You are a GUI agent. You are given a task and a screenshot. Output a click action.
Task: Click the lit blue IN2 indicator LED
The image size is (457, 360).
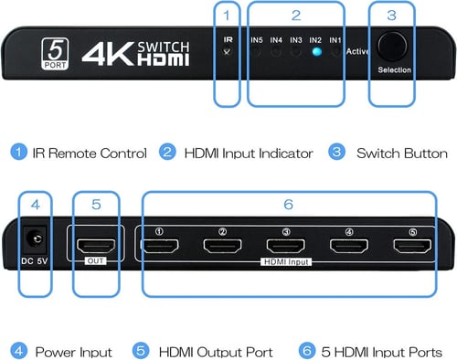coord(315,52)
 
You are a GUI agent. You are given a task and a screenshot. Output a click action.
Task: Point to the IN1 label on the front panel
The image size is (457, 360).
coord(335,40)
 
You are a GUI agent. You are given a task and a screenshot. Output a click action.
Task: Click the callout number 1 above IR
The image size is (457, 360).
coord(228,15)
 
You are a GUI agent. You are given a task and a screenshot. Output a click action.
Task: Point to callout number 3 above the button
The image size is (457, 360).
coord(391,15)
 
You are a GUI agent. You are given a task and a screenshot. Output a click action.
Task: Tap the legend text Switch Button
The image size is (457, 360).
coord(401,153)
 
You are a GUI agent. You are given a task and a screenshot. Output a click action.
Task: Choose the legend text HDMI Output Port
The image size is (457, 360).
coord(216,351)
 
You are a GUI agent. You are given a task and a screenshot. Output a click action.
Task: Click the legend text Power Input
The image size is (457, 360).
coord(73,351)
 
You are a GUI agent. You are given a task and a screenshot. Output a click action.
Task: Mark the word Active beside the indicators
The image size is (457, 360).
coord(358,51)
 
